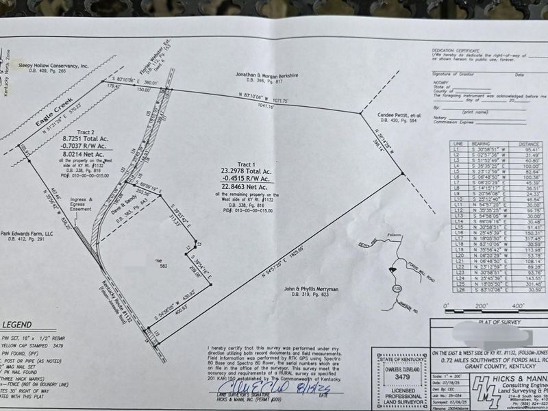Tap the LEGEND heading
20,325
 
